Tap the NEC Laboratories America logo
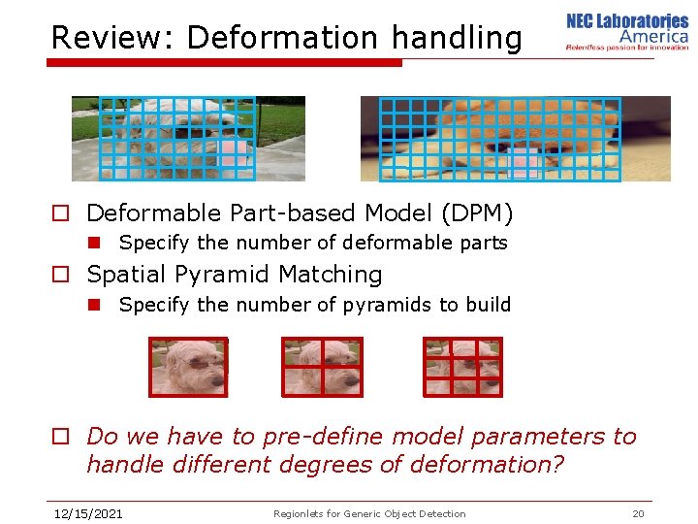(626, 32)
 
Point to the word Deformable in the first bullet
(153, 213)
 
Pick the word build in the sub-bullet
(487, 305)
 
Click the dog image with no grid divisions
(188, 367)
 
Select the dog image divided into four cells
(322, 367)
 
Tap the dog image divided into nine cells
(463, 367)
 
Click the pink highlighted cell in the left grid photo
(233, 150)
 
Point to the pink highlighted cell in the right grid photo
(524, 162)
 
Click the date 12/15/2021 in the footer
(87, 513)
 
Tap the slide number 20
(637, 513)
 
